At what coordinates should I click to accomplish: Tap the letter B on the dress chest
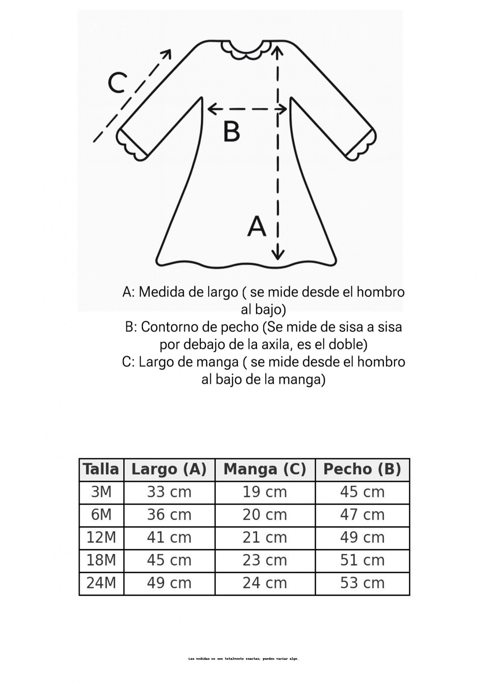click(231, 131)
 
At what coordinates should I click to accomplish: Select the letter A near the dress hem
click(257, 227)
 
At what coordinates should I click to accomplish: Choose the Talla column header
click(101, 469)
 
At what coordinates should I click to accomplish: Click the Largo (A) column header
click(169, 469)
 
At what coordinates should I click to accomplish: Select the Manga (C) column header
click(265, 469)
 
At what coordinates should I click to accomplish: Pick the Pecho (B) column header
click(362, 469)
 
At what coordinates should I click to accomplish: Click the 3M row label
click(101, 492)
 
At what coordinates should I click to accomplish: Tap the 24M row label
click(101, 583)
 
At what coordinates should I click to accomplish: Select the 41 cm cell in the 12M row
click(169, 538)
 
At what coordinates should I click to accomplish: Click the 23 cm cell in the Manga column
click(265, 560)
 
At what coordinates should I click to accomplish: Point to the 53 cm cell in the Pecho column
click(362, 583)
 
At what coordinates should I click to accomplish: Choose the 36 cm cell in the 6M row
click(169, 515)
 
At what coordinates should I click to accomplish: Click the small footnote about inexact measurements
click(243, 659)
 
